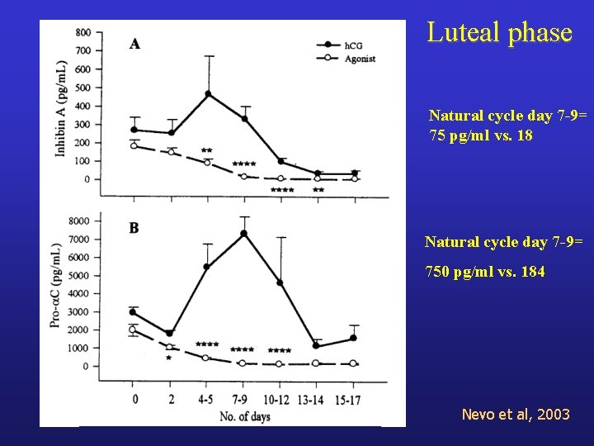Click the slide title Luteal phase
pyautogui.click(x=499, y=33)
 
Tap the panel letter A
pyautogui.click(x=134, y=44)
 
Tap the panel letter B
pyautogui.click(x=134, y=228)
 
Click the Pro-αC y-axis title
pyautogui.click(x=59, y=285)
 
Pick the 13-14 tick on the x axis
pyautogui.click(x=316, y=398)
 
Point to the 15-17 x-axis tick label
pyautogui.click(x=353, y=398)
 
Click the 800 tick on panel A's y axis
pyautogui.click(x=83, y=33)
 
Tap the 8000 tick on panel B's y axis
pyautogui.click(x=81, y=221)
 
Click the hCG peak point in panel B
pyautogui.click(x=244, y=234)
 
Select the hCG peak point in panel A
pyautogui.click(x=208, y=94)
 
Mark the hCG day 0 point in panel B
pyautogui.click(x=133, y=312)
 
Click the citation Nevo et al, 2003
pyautogui.click(x=516, y=414)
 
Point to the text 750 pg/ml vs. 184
pyautogui.click(x=485, y=271)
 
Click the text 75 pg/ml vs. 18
pyautogui.click(x=481, y=135)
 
